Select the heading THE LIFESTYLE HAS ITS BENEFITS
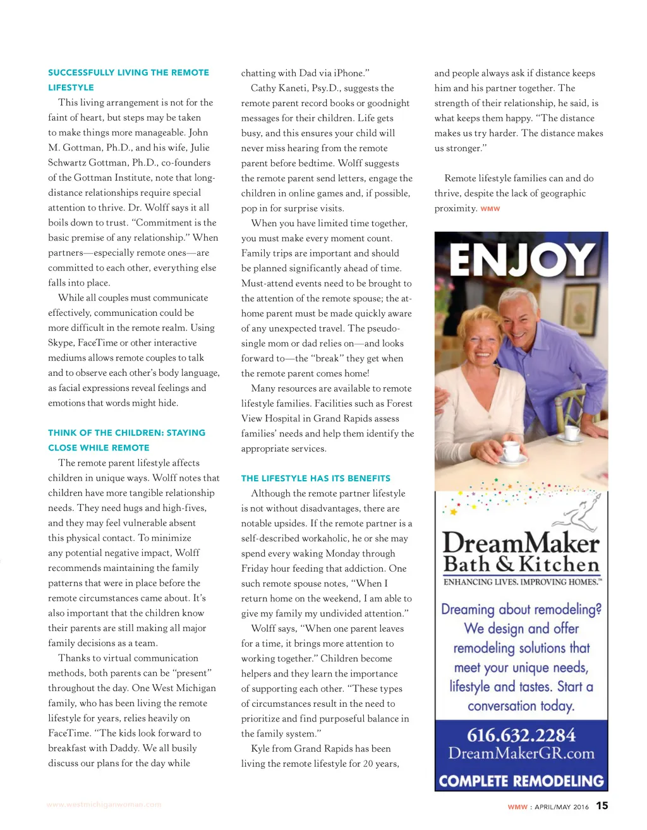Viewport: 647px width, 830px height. [x=315, y=478]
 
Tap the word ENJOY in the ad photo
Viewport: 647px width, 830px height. [x=522, y=260]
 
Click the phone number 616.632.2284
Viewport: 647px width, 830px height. [x=521, y=735]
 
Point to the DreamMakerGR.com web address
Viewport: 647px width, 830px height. [x=521, y=754]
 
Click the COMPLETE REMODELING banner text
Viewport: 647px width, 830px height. [x=521, y=781]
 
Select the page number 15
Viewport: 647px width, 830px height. [x=602, y=805]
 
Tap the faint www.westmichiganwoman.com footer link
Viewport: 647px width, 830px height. [x=104, y=805]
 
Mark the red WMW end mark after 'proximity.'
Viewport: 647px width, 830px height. [x=490, y=209]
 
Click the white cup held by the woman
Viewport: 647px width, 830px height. [x=511, y=451]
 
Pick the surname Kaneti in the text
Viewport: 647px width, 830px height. [x=297, y=88]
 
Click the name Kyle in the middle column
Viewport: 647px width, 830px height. [x=260, y=749]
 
